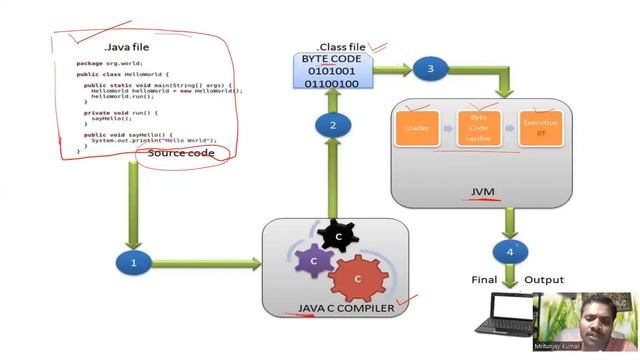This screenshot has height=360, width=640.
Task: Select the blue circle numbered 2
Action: coord(332,125)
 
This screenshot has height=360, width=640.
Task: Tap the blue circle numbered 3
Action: coord(430,69)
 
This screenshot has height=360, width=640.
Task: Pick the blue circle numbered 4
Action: coord(510,251)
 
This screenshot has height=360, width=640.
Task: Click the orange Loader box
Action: coord(417,128)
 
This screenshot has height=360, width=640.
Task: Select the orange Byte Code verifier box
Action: coord(478,128)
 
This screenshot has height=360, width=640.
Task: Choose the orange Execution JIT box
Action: coord(541,128)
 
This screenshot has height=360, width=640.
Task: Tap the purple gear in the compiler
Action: coord(314,261)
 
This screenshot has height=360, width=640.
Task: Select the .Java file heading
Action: coord(125,47)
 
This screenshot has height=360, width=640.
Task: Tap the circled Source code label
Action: coord(181,153)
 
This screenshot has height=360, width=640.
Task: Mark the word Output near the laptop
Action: coord(544,280)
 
